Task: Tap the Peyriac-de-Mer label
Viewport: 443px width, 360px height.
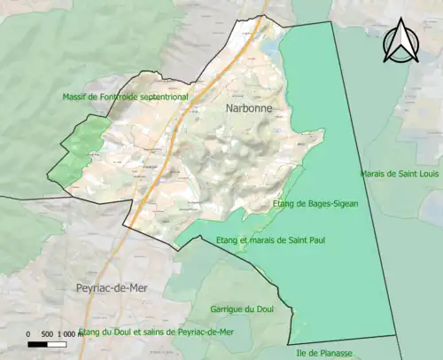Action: click(x=106, y=289)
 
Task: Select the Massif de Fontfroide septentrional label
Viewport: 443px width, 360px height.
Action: click(x=125, y=96)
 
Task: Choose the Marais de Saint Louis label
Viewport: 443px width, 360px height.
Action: click(x=400, y=174)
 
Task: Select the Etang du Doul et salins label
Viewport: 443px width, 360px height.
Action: click(x=156, y=332)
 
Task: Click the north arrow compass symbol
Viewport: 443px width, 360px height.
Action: click(x=400, y=43)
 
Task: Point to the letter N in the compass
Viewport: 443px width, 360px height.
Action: click(x=400, y=36)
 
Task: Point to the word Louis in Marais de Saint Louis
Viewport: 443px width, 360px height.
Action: click(x=427, y=174)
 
